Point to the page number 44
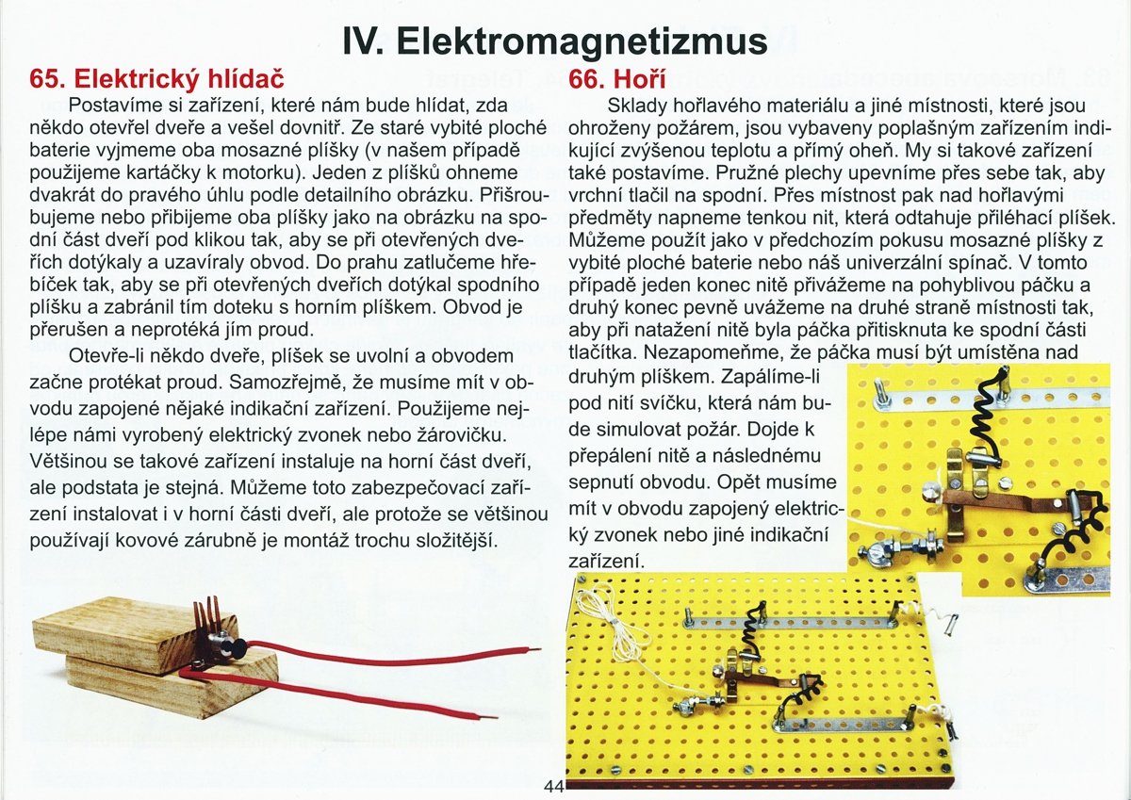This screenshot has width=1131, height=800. pos(553,787)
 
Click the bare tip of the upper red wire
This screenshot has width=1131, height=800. pos(535,649)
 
